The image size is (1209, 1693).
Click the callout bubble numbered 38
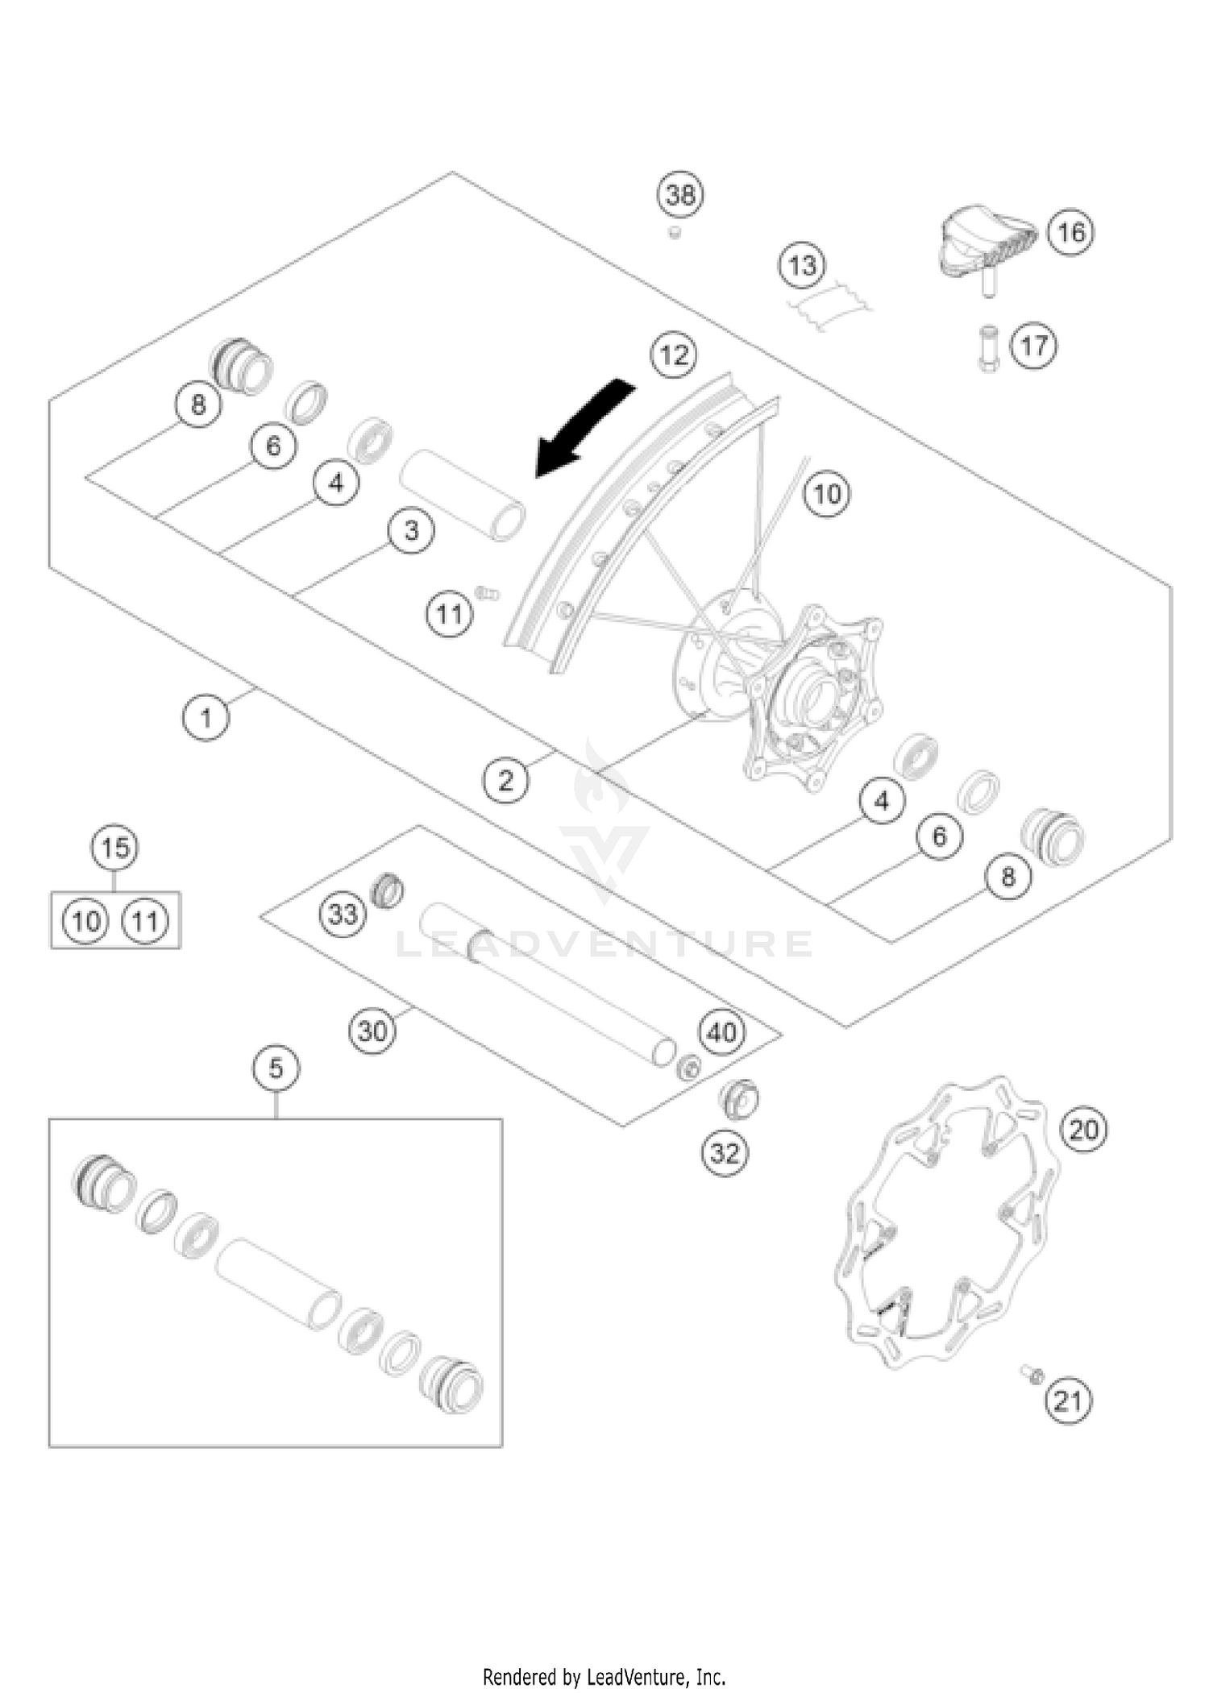680,194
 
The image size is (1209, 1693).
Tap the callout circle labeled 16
1070,233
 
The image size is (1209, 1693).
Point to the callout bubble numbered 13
802,265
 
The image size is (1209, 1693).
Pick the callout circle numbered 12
675,355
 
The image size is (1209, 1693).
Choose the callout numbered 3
411,531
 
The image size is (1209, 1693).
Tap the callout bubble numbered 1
206,717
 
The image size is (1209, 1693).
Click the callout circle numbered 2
505,780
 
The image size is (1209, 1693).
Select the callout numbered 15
114,848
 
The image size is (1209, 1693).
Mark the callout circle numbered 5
276,1068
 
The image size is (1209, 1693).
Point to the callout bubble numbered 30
372,1031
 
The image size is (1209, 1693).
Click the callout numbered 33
343,915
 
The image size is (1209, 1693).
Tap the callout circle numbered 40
721,1032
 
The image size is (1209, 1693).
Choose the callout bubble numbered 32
724,1153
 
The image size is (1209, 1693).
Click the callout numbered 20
1083,1130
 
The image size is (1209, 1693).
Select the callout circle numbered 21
1068,1401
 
